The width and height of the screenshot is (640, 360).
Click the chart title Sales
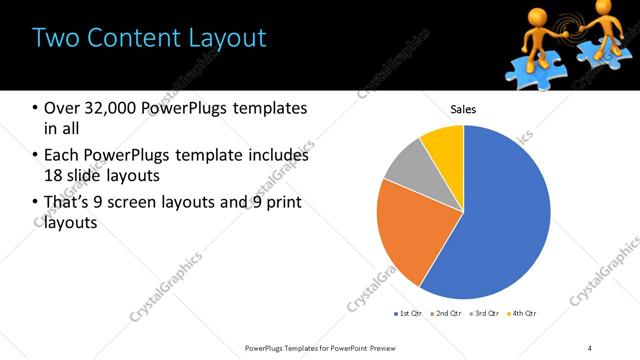[x=463, y=109]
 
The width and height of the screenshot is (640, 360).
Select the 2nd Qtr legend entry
[x=444, y=314]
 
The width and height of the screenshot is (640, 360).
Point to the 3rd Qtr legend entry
[x=484, y=314]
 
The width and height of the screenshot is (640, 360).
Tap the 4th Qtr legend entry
[x=523, y=314]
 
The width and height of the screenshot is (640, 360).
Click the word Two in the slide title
[x=55, y=38]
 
